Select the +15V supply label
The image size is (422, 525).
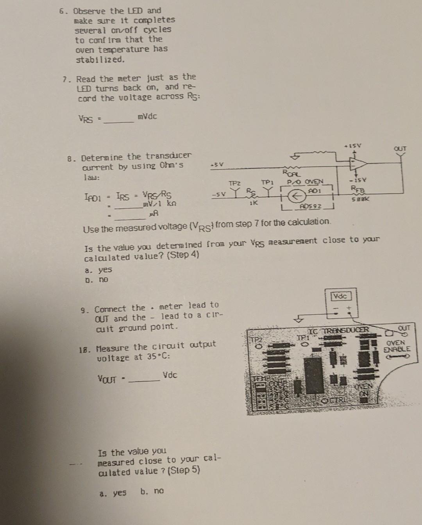352,146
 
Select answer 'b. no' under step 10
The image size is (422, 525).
152,491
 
